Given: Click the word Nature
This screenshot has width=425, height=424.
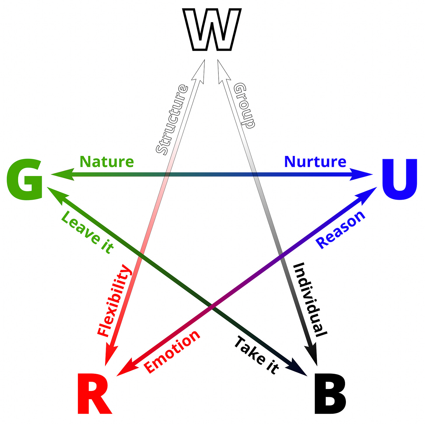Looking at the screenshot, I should tap(107, 161).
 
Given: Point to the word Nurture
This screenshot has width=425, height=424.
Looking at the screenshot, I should tap(315, 161).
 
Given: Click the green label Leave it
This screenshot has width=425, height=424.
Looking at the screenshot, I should tap(87, 232).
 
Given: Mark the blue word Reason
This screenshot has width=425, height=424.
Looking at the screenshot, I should tap(341, 230).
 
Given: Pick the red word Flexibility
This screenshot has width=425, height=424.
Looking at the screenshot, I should tap(114, 301).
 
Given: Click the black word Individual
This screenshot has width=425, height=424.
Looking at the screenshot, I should tap(310, 300).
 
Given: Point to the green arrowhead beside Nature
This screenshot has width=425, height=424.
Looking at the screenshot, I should tap(62, 175).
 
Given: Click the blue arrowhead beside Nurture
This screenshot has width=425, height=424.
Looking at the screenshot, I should tap(362, 175).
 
